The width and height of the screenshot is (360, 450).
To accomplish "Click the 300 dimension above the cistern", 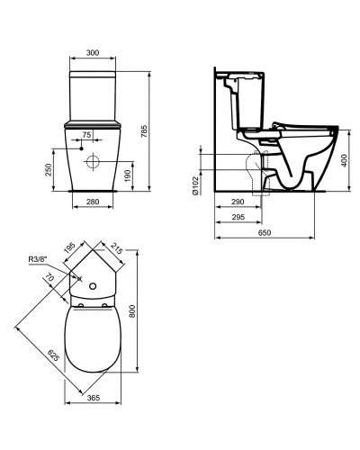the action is [93, 53].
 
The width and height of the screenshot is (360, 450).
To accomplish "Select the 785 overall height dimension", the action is [144, 131].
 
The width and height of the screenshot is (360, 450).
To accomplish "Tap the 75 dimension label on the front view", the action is [86, 135].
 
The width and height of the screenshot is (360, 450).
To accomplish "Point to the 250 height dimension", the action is [49, 170].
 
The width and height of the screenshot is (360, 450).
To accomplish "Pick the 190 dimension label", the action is [128, 175].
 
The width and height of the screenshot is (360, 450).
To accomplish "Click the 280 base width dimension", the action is [93, 202].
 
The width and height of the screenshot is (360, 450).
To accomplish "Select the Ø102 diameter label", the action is [195, 185].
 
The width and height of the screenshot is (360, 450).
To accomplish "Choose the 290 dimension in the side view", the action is [238, 202].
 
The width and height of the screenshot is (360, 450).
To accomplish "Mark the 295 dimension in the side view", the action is [238, 217].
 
